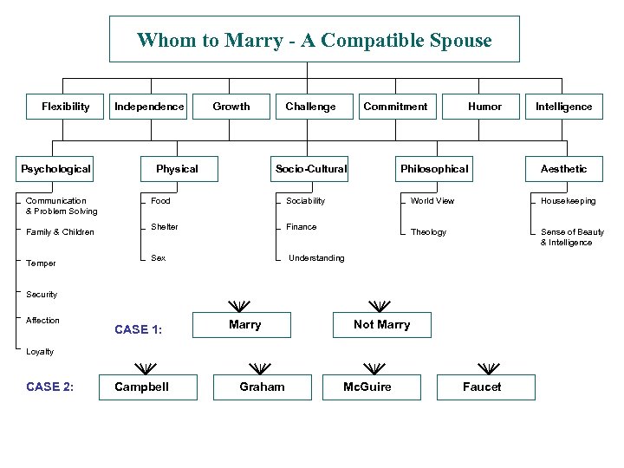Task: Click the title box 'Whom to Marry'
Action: pos(314,40)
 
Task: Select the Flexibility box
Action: pos(66,107)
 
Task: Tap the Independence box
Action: pos(149,107)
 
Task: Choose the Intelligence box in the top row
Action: pos(563,107)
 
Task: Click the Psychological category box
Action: pos(56,169)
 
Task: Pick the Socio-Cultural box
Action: pos(310,169)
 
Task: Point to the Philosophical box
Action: pos(433,169)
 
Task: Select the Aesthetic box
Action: pos(563,169)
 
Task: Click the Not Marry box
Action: pos(381,325)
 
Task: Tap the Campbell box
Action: pos(142,387)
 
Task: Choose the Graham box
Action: pos(262,387)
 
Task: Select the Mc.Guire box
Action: pos(367,387)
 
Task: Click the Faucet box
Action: pos(482,387)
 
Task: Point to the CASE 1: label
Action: pos(139,329)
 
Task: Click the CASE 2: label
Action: pos(50,387)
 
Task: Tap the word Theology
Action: pos(428,232)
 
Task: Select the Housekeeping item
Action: pos(569,201)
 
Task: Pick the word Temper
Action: pos(41,263)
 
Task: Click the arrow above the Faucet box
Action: pos(489,367)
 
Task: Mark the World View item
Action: pos(432,201)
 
